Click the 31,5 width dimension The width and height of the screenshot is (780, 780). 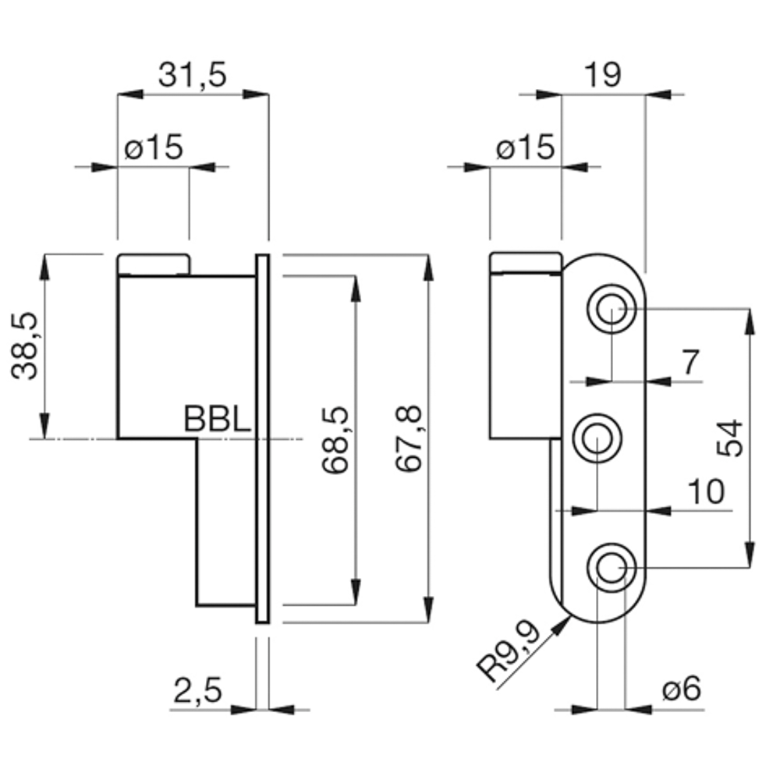tap(193, 76)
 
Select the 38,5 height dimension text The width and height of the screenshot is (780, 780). tap(24, 346)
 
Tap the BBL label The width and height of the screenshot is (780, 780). tap(218, 419)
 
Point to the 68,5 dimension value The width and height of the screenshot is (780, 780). tap(335, 440)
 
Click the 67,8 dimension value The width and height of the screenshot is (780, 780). tap(409, 438)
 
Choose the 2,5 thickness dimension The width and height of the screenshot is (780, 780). tap(197, 690)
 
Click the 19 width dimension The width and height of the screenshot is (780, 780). tap(602, 75)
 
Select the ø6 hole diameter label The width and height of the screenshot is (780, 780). tap(682, 689)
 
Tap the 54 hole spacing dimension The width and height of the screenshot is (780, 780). tap(730, 438)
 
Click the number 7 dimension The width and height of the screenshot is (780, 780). tap(690, 362)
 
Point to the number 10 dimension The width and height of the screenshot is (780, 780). tap(706, 492)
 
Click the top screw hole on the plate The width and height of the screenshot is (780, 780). tap(612, 309)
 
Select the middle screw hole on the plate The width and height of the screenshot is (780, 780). tap(597, 438)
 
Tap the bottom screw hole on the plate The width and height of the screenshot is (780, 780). tap(612, 568)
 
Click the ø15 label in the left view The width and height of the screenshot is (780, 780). tap(154, 147)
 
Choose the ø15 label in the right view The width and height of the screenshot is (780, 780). tap(525, 147)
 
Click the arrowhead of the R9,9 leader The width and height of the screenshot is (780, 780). tap(563, 624)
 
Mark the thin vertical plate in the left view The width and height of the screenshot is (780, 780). tap(263, 438)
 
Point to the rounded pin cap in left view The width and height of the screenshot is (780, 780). tap(154, 264)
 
